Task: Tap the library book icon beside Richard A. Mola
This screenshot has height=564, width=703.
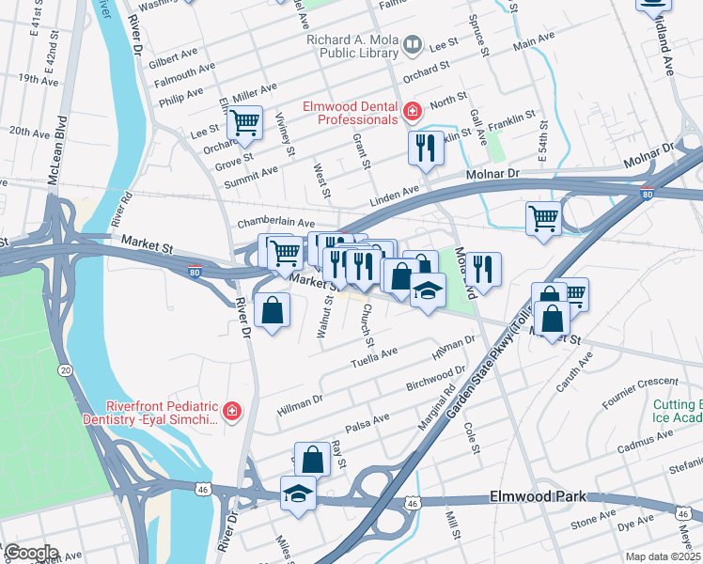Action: coord(412,44)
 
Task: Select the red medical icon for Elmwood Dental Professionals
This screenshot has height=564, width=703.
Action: coord(412,113)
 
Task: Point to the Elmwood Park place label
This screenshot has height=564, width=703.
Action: coord(538,496)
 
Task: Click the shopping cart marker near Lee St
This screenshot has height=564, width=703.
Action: coord(244,122)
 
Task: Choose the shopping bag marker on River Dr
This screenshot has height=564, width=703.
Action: coord(272,311)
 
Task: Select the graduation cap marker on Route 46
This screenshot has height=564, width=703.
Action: coord(298,493)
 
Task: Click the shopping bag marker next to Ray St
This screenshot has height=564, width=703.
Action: coord(312,460)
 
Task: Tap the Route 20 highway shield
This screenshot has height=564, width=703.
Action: coord(65,370)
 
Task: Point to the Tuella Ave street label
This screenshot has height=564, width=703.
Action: coord(374,357)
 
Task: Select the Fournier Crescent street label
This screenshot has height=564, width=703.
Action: coord(639,383)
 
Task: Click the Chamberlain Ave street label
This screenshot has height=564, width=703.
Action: coord(275,223)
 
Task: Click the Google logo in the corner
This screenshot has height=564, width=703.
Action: coord(31,553)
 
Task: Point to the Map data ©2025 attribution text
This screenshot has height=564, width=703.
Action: coord(664,556)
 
